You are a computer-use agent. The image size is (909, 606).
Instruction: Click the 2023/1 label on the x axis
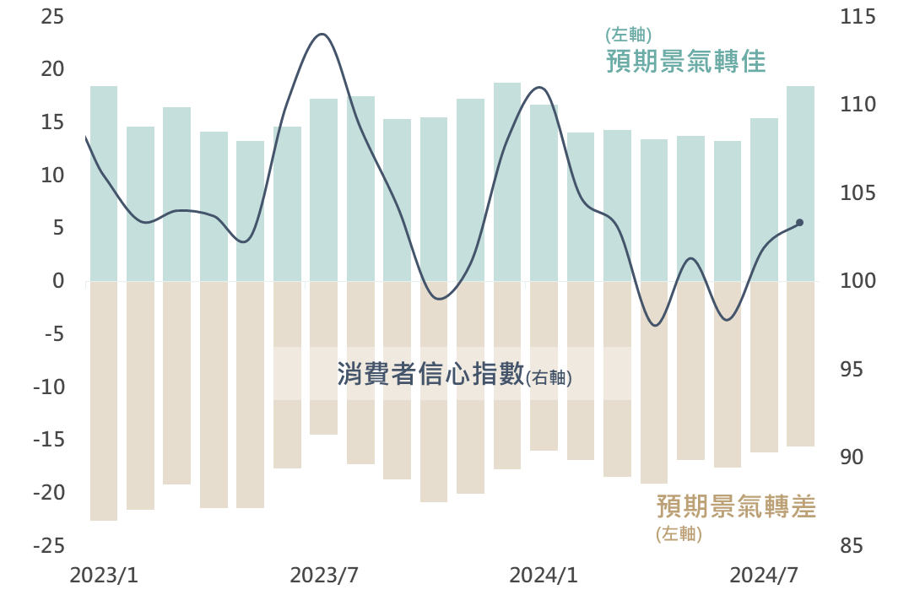tap(104, 576)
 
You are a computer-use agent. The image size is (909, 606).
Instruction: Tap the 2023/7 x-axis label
tap(324, 576)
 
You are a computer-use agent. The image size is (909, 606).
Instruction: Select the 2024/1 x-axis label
tap(544, 576)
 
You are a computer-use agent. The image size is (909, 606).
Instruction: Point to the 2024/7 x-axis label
tap(764, 576)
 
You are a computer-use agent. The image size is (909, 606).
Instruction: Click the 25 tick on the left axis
tap(52, 17)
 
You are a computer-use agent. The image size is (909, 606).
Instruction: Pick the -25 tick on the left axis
tap(49, 546)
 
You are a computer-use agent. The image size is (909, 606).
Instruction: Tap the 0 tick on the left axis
tap(58, 281)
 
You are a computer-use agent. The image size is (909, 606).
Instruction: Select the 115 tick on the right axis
tap(858, 17)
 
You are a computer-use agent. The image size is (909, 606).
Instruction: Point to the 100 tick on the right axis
tap(858, 281)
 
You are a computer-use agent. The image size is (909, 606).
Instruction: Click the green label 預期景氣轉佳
tap(685, 62)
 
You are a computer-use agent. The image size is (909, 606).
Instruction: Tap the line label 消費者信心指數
tap(430, 375)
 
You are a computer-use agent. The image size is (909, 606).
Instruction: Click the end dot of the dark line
tap(799, 223)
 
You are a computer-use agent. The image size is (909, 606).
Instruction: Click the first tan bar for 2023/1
tap(104, 401)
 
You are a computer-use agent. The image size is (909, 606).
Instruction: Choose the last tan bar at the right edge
tap(800, 364)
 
